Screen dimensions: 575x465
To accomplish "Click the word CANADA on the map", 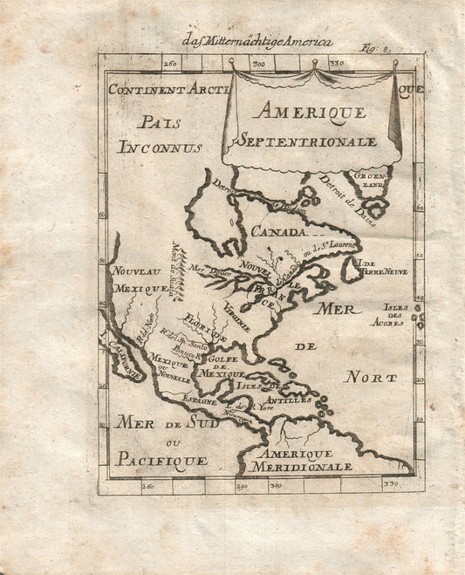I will (278, 232).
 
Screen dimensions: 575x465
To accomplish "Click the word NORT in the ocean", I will (370, 377).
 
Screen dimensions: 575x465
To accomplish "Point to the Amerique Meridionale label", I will (298, 460).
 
